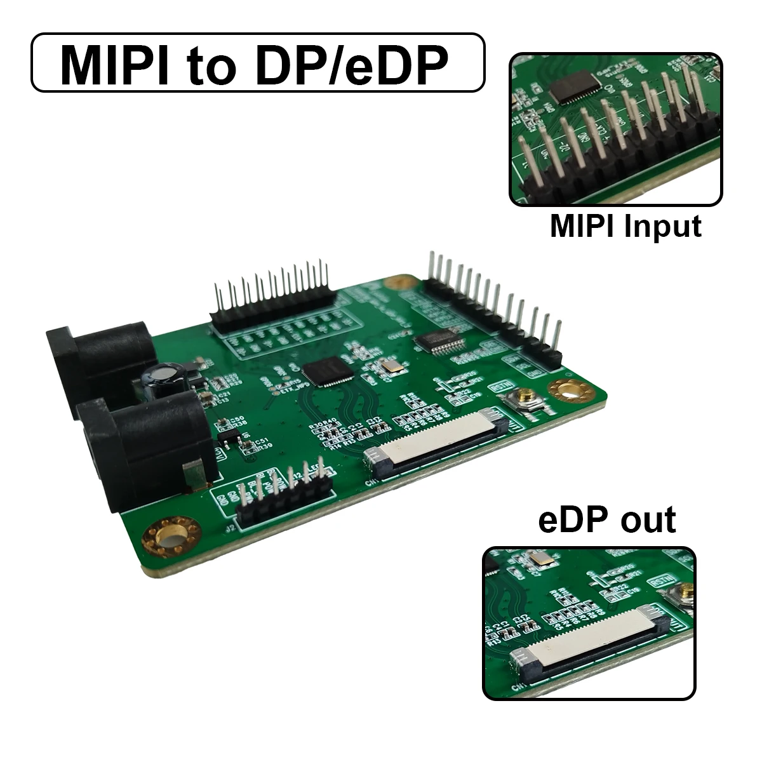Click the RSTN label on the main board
tap(497, 385)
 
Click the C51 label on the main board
tap(258, 440)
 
